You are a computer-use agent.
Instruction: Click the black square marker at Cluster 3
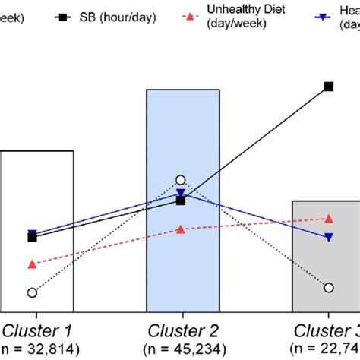coord(329,87)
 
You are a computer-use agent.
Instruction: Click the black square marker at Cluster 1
coord(32,238)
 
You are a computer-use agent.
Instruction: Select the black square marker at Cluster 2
coord(181,201)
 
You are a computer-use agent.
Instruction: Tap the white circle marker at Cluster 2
coord(181,181)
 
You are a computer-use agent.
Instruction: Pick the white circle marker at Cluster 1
coord(32,292)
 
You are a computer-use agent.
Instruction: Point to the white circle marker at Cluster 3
coord(329,287)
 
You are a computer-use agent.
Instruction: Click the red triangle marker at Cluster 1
coord(32,264)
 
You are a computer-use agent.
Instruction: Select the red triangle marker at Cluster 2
coord(181,229)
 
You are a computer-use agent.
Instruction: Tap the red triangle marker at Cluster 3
coord(329,219)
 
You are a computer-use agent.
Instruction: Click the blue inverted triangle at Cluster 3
coord(329,238)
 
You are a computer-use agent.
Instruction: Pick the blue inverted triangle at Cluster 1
coord(32,234)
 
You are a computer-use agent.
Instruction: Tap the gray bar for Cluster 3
coord(311,258)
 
